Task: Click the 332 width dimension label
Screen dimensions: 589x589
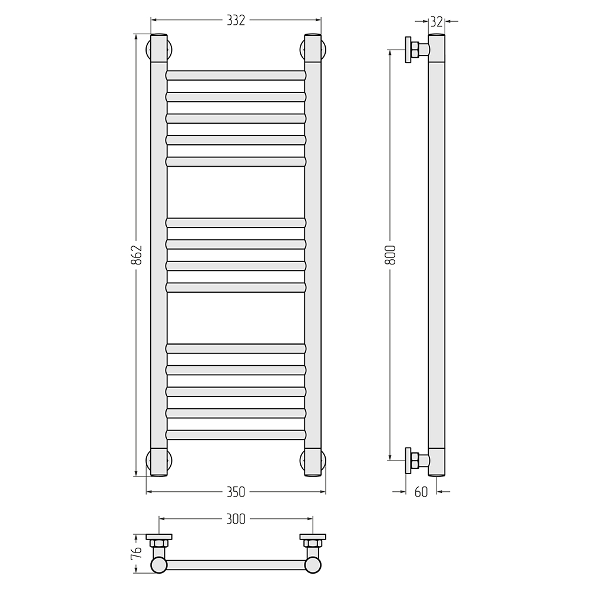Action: (236, 20)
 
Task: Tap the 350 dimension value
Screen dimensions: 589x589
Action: (236, 492)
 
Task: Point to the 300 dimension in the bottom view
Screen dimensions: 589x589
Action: (236, 519)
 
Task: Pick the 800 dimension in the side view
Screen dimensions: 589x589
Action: (391, 254)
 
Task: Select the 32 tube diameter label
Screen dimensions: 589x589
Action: (436, 22)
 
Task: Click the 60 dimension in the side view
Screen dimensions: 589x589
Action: (421, 492)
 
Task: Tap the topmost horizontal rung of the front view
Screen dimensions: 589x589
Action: (236, 75)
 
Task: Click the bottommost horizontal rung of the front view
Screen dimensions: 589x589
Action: (236, 435)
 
